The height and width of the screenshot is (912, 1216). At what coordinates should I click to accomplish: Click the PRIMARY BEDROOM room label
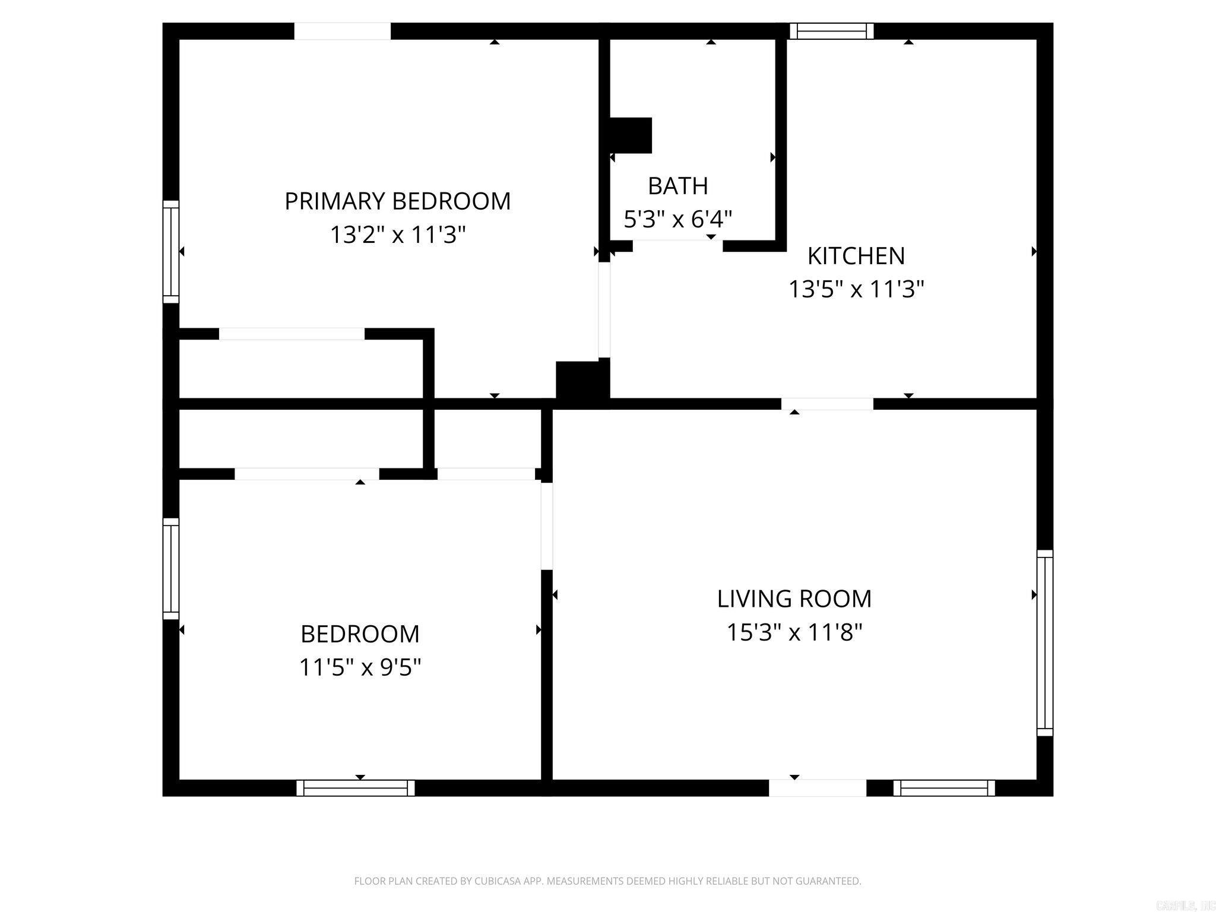tap(397, 201)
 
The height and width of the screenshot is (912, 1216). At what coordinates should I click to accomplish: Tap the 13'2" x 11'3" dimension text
tap(397, 235)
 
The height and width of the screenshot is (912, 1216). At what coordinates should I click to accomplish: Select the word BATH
tap(677, 186)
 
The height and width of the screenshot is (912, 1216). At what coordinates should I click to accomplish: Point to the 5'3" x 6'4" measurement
tap(677, 219)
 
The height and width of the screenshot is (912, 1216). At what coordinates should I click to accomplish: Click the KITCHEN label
tap(856, 256)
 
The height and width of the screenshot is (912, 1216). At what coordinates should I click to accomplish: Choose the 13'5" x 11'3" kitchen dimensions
tap(856, 290)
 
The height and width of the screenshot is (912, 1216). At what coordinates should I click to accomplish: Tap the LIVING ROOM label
tap(794, 598)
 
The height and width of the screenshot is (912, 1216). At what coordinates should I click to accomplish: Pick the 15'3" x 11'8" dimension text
tap(794, 632)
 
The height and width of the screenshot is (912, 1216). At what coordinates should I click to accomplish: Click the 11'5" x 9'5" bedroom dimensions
tap(360, 667)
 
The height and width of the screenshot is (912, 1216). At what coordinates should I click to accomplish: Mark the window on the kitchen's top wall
tap(831, 31)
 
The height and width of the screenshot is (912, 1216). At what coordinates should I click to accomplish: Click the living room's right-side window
tap(1044, 642)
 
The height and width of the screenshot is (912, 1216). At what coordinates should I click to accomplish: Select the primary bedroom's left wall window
tap(171, 252)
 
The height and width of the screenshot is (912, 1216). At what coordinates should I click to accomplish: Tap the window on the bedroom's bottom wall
tap(355, 788)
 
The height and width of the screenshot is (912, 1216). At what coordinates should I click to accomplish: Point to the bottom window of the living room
tap(943, 788)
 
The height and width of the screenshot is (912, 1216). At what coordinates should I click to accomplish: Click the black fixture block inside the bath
tap(631, 135)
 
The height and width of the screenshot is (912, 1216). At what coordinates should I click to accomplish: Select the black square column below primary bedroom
tap(582, 383)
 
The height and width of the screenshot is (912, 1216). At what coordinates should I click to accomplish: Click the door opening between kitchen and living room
tap(826, 404)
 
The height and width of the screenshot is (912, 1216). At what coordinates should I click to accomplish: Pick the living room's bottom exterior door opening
tap(817, 788)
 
